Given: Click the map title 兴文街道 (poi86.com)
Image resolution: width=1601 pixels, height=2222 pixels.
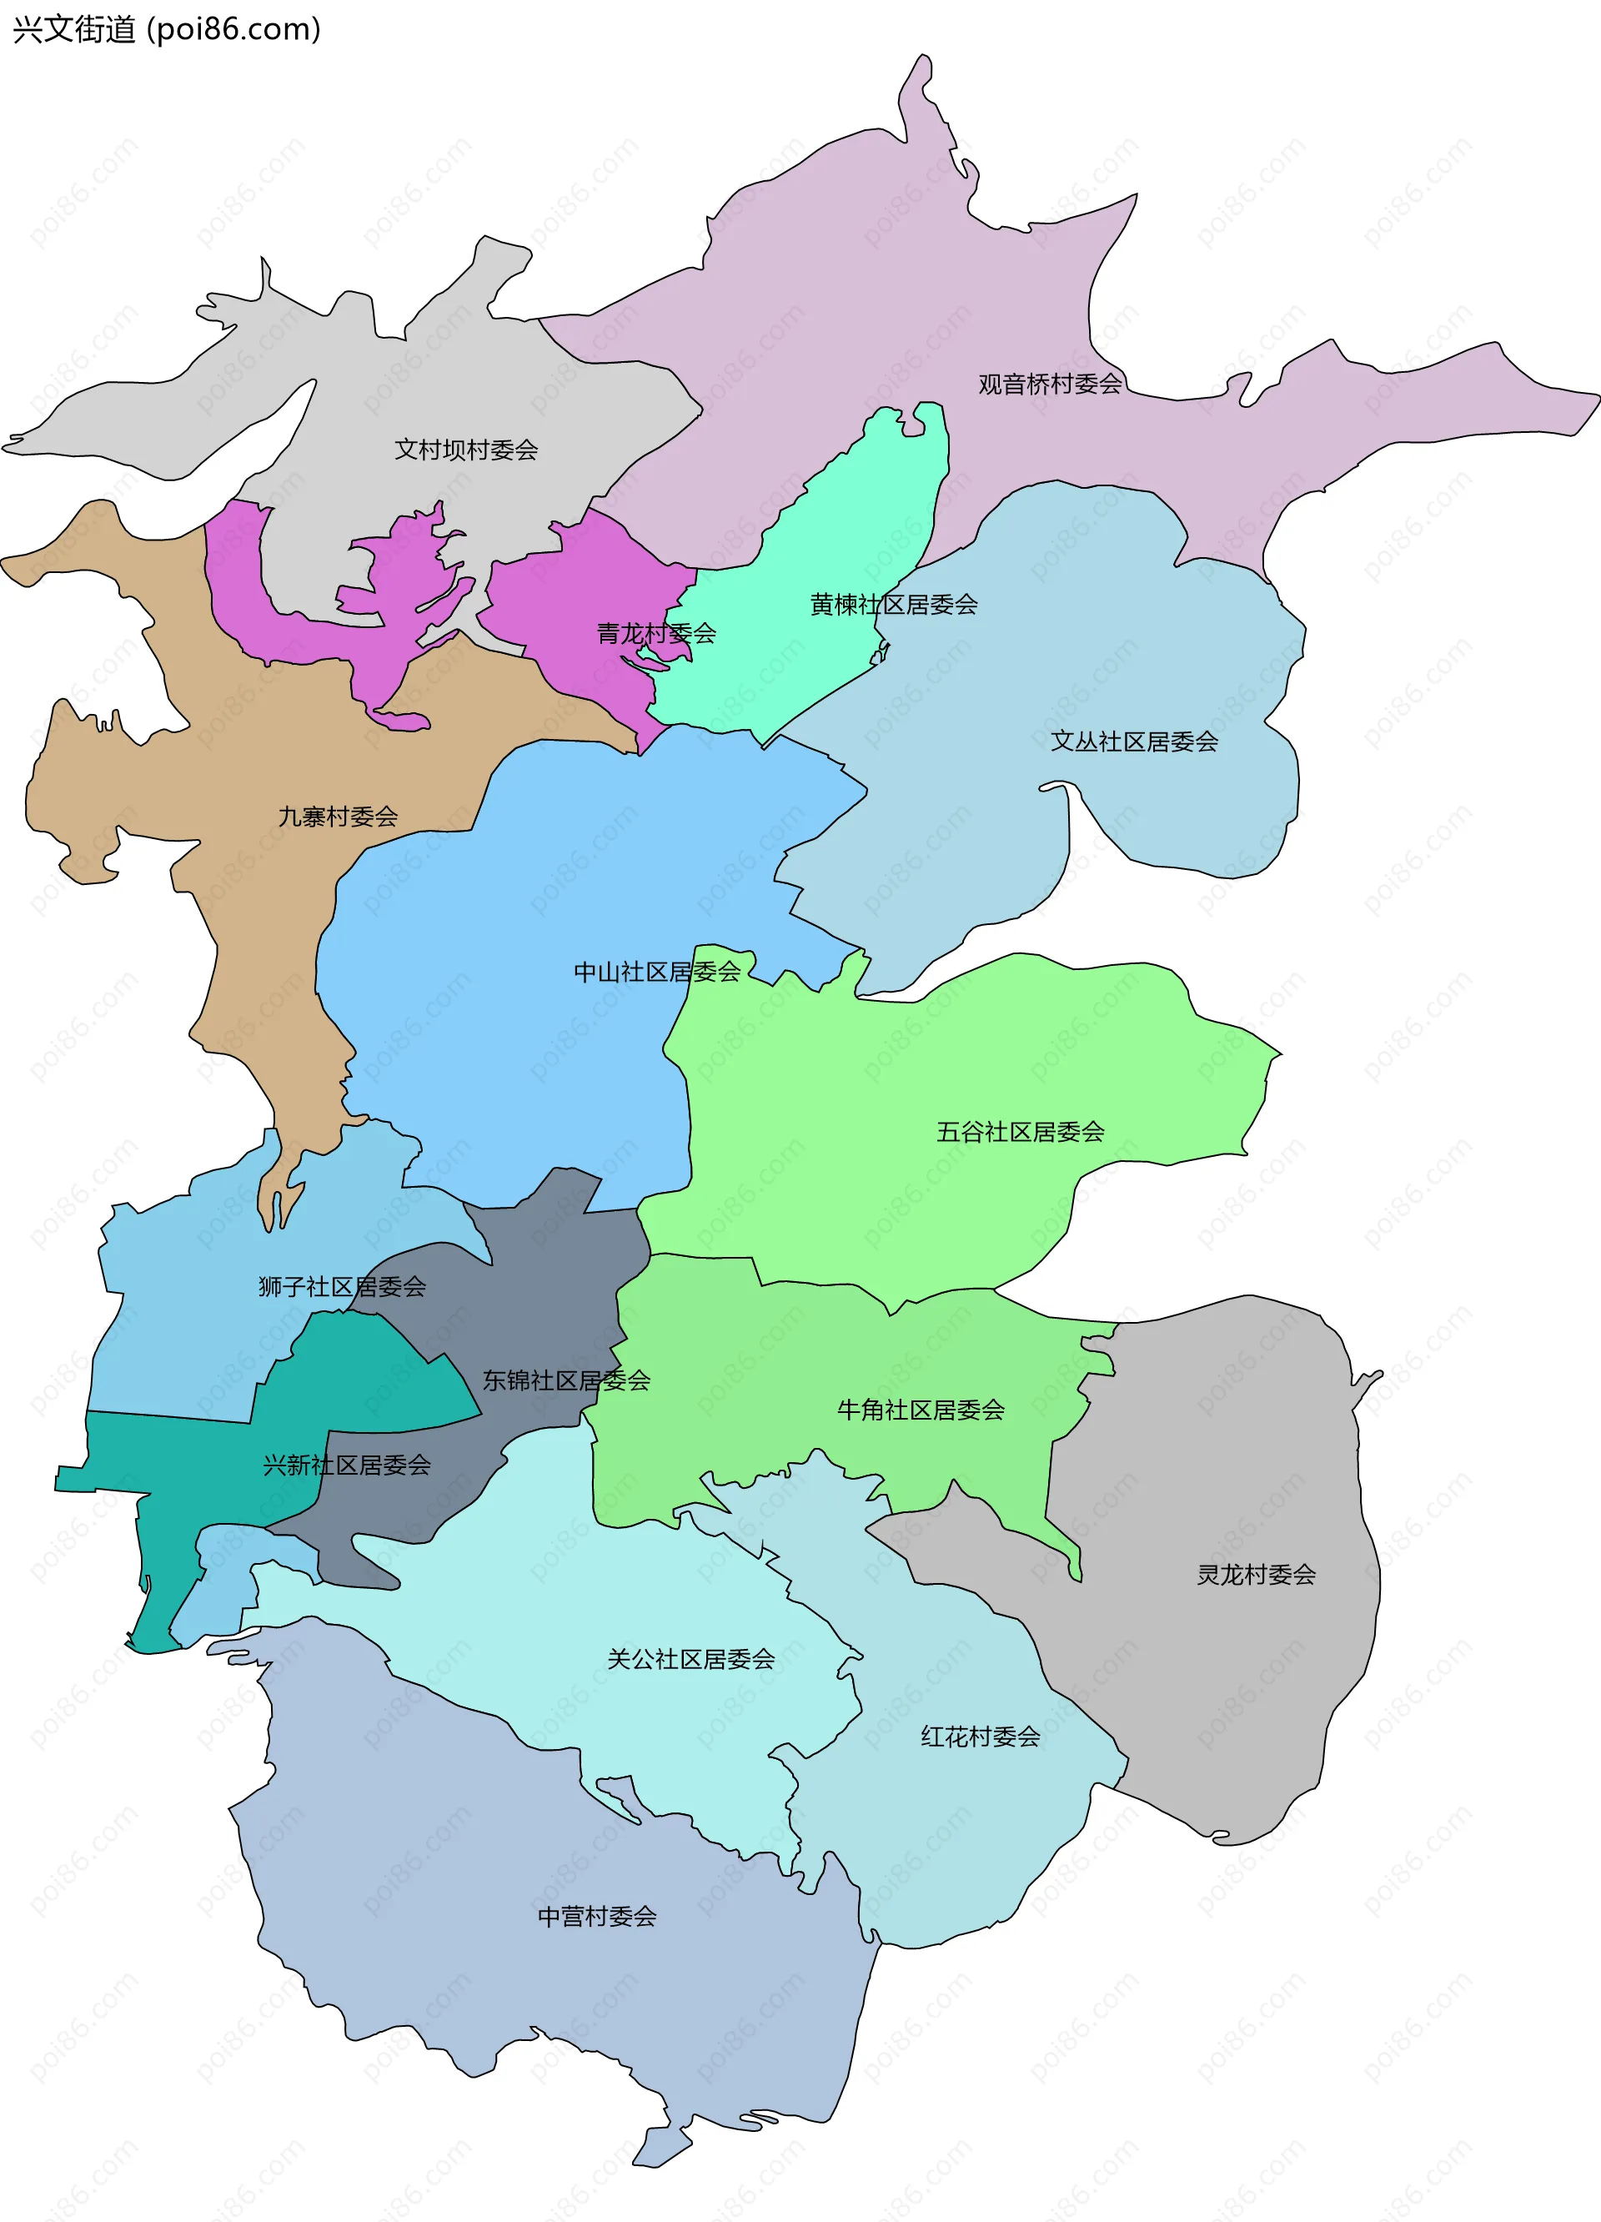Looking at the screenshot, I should click(167, 29).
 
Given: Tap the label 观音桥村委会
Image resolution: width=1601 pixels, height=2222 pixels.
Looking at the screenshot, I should click(1050, 384).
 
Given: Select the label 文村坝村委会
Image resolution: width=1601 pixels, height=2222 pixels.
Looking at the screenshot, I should click(466, 450).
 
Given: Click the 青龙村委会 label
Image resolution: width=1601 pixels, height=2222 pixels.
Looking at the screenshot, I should click(656, 634).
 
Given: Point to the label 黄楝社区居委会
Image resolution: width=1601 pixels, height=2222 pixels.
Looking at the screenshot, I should click(893, 605).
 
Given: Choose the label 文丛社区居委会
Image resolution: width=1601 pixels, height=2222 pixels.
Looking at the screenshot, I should click(1134, 742).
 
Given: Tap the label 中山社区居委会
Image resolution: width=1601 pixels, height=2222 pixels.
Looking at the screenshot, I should click(656, 972).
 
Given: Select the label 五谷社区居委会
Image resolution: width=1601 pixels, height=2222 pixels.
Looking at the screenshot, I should click(1021, 1132).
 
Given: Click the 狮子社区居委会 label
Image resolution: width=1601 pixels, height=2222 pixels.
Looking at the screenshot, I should click(342, 1286).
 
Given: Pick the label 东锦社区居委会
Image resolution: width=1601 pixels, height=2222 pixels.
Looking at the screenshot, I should click(566, 1380).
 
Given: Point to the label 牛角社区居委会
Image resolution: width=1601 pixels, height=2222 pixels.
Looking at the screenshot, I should click(921, 1410).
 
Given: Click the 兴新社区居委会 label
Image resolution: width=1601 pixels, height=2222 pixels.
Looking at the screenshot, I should click(347, 1465).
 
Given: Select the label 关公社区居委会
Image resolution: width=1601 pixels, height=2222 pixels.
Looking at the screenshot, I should click(690, 1659).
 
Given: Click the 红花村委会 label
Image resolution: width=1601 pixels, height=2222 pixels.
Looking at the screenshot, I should click(979, 1737).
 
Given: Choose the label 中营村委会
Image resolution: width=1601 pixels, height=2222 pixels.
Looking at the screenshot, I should click(596, 1917).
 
